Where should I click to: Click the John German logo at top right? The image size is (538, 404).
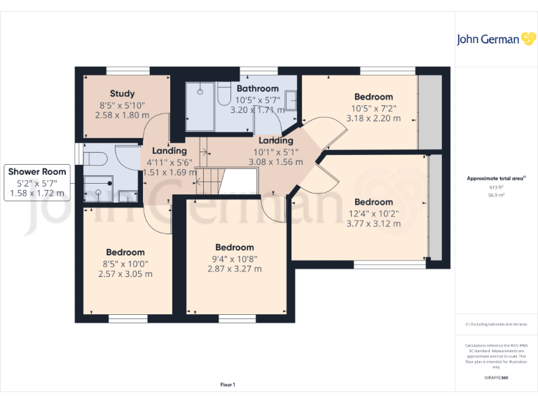(x=496, y=39)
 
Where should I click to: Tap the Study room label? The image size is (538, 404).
(x=123, y=93)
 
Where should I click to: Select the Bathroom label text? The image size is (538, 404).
(x=257, y=88)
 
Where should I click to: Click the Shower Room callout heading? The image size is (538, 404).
(x=37, y=171)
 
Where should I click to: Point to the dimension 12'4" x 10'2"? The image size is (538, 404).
(x=373, y=213)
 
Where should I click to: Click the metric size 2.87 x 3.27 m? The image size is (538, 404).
(x=234, y=269)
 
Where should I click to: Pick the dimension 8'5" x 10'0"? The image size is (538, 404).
(x=125, y=264)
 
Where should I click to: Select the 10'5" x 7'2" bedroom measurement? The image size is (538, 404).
(x=373, y=108)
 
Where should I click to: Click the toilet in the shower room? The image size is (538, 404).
(x=94, y=155)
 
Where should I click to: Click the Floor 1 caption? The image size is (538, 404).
(x=228, y=384)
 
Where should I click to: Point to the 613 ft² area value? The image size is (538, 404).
(x=496, y=187)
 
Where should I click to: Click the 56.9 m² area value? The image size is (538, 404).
(x=496, y=196)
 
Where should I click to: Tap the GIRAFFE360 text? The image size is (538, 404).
(x=496, y=377)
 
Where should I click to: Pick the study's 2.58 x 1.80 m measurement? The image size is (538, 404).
(x=123, y=114)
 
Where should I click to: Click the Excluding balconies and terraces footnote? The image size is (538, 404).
(x=496, y=324)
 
